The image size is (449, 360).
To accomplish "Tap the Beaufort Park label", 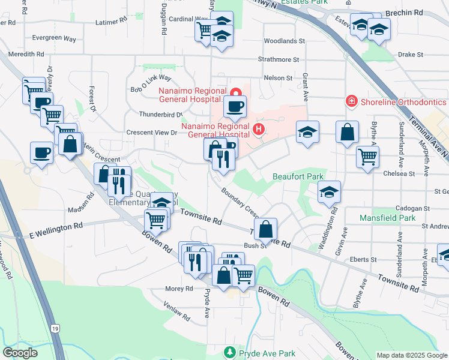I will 298,176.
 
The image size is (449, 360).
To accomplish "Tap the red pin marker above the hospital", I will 236,93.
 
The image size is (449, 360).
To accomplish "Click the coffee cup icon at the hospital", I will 235,107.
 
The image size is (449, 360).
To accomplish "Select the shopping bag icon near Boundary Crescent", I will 265,229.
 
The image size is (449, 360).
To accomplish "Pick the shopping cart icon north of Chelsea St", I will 367,157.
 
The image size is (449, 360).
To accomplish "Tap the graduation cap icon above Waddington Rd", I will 329,192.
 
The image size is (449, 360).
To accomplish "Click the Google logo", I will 20,352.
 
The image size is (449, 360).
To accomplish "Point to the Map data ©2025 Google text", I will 411,355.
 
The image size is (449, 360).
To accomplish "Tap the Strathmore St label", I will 279,59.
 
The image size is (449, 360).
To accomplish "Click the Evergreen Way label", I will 54,38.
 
